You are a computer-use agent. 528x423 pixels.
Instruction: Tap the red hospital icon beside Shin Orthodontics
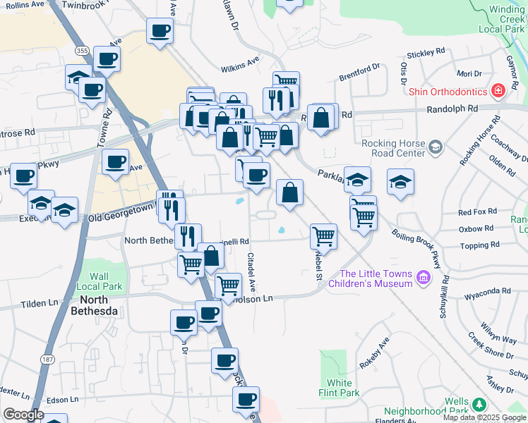point(498,92)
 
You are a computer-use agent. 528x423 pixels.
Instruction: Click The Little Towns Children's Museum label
point(376,278)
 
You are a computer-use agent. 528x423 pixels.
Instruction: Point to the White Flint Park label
point(340,388)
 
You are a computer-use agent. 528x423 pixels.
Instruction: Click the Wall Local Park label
point(100,282)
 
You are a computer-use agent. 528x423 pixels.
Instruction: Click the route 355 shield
point(82,51)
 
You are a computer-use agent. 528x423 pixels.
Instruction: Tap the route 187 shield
point(48,360)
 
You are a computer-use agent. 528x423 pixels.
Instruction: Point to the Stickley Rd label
point(426,52)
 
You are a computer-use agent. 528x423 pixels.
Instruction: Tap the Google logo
point(23,415)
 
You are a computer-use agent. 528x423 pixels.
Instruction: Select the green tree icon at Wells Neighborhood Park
point(479,404)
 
